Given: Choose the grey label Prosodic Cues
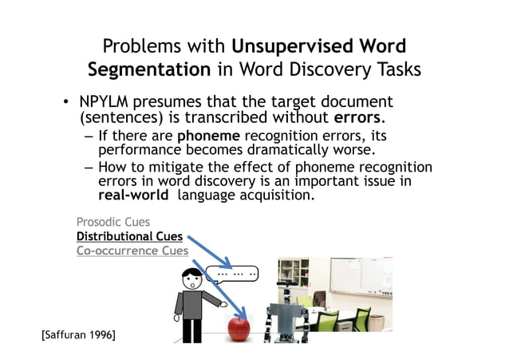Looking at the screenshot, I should coord(112,222).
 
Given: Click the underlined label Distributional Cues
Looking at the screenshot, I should coord(129,236).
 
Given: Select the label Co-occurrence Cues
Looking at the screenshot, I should coord(132,251).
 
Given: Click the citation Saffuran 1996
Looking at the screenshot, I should coord(78,334).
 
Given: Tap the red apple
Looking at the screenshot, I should coord(239,327).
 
